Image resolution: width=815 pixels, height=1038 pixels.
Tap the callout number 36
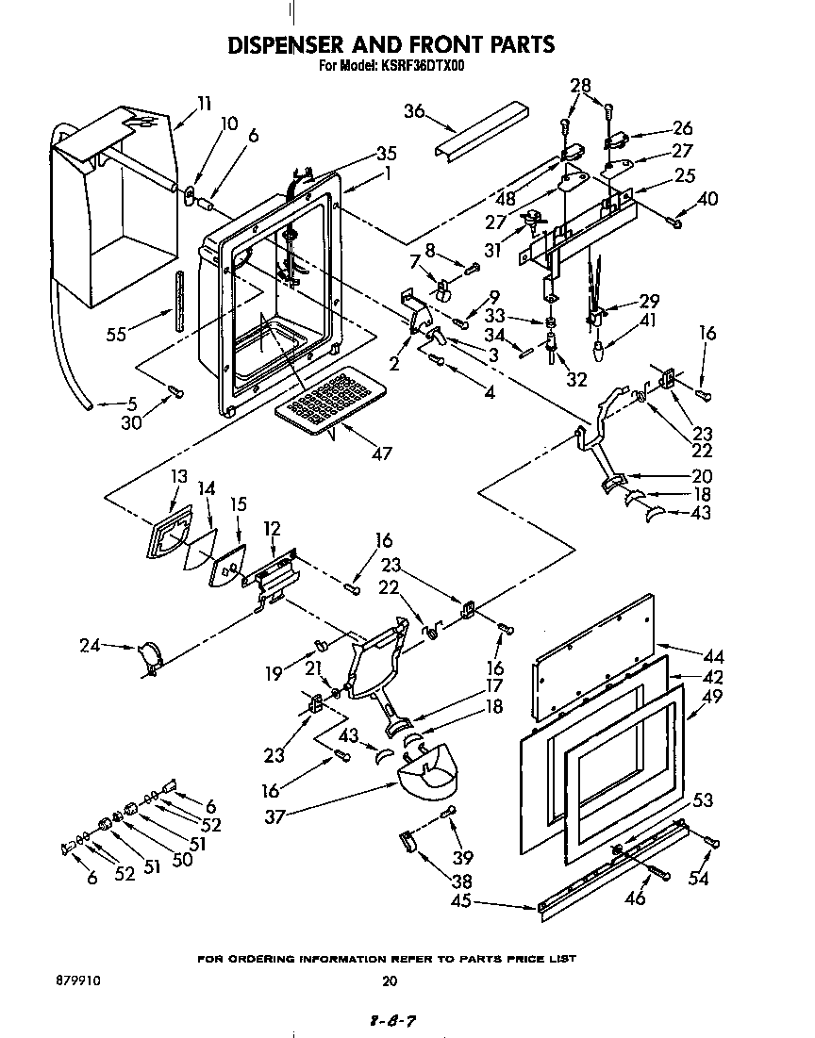pyautogui.click(x=415, y=112)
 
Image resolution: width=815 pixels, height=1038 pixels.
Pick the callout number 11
pyautogui.click(x=204, y=103)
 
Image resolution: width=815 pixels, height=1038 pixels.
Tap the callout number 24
pyautogui.click(x=90, y=646)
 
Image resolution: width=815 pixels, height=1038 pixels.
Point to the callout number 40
pyautogui.click(x=707, y=198)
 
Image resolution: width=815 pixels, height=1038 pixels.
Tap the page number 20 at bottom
pyautogui.click(x=390, y=980)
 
